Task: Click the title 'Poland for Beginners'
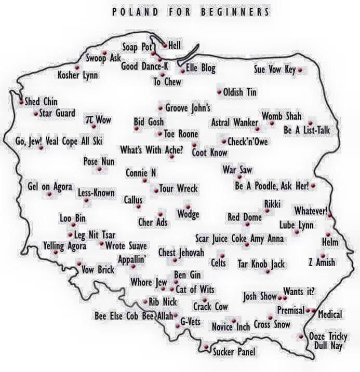tap(191, 11)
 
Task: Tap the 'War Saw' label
tap(237, 170)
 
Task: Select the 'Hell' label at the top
tap(175, 46)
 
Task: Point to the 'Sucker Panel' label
tap(234, 352)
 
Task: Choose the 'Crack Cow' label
tap(210, 307)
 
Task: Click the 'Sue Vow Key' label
tap(274, 70)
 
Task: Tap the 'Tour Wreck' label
tap(178, 189)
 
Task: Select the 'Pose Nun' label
tap(99, 161)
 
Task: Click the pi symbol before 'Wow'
tap(89, 120)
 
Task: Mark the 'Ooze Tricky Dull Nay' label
tap(328, 341)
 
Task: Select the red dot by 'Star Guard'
tap(35, 113)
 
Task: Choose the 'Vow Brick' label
tap(98, 269)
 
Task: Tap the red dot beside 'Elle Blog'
tap(182, 70)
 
